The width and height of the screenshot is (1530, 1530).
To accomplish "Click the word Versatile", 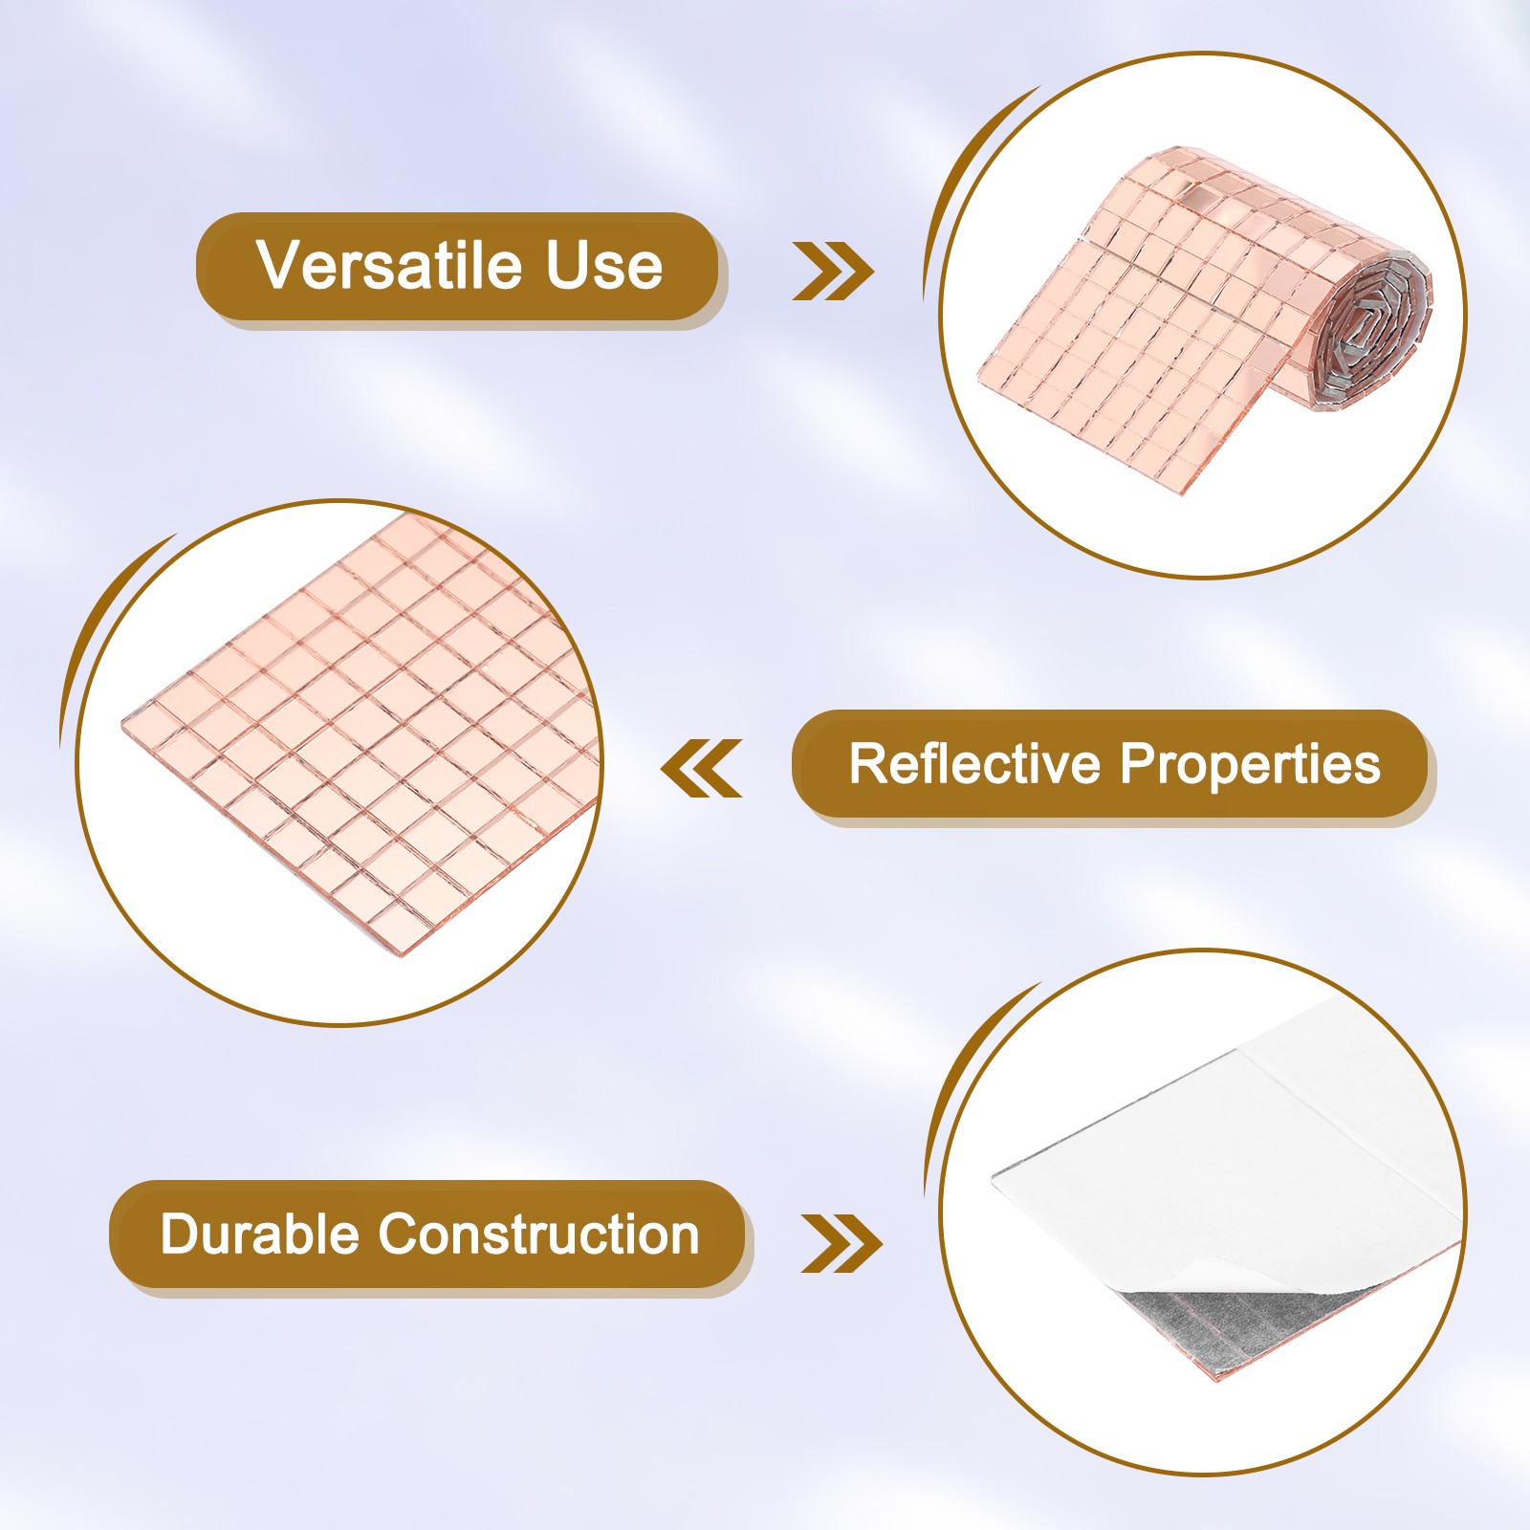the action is click(x=390, y=265).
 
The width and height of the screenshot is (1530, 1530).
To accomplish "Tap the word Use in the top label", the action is click(x=604, y=265).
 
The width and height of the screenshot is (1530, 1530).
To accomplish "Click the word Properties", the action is click(x=1251, y=765).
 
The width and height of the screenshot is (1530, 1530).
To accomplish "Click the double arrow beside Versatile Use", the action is click(x=833, y=272).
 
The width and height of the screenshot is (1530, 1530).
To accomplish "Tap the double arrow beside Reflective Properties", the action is click(x=701, y=768).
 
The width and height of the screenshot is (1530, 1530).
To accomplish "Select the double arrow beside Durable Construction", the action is click(x=841, y=1244).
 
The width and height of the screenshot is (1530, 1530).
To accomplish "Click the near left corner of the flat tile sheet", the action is click(x=124, y=719).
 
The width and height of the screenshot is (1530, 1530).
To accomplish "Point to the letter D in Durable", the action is click(x=180, y=1234).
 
